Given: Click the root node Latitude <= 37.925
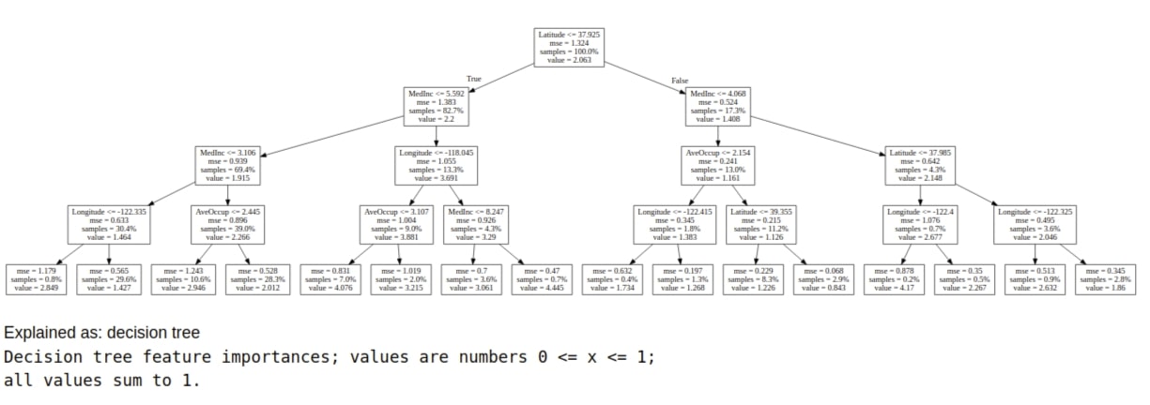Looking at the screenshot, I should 568,47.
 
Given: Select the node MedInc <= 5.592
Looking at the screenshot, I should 435,107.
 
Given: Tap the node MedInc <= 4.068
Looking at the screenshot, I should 718,107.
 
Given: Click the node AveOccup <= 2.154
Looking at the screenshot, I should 718,166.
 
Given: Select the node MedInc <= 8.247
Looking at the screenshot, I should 473,225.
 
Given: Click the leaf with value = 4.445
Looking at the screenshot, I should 542,280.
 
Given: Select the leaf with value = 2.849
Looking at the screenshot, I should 33,280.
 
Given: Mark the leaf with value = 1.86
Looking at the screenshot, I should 1106,280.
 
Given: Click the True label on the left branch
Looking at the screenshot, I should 474,80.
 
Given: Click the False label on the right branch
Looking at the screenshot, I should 680,81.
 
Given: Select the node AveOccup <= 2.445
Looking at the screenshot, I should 223,225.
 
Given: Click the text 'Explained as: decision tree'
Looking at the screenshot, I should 101,333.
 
